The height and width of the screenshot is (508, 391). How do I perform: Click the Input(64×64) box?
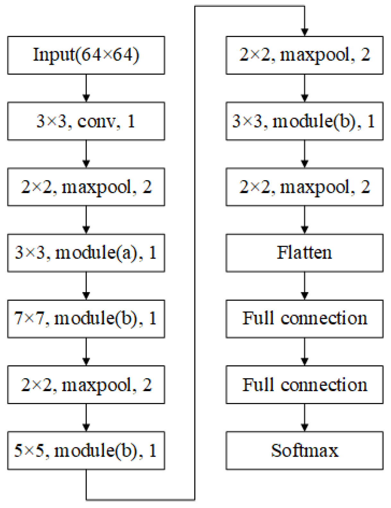(x=86, y=55)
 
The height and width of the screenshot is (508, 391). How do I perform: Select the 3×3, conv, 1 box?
(x=86, y=121)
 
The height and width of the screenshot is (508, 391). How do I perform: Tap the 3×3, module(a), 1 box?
(x=86, y=253)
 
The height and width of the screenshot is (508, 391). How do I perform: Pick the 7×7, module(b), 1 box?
(x=86, y=319)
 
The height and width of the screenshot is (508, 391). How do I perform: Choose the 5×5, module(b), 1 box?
(x=86, y=450)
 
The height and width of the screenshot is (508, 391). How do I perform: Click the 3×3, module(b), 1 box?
(x=304, y=121)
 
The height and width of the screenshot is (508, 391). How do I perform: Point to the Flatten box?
(x=304, y=253)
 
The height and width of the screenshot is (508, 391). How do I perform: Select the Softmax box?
(x=304, y=450)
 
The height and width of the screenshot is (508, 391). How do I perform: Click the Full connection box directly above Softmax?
(x=304, y=384)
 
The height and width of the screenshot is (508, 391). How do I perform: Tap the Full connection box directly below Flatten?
(x=304, y=319)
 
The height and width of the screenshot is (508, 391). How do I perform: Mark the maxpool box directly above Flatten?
(x=304, y=187)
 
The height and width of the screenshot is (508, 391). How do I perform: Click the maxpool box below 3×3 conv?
(x=86, y=187)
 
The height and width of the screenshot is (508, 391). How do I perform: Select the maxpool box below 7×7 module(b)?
(x=86, y=384)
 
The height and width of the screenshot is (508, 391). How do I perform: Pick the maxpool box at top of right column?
(x=304, y=55)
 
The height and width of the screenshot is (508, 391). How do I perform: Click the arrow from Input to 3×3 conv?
(x=86, y=88)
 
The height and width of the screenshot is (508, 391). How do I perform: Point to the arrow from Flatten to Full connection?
(x=304, y=286)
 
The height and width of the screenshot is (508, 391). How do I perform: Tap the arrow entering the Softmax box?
(x=304, y=417)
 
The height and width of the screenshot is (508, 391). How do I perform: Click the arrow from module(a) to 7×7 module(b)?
(x=86, y=286)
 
